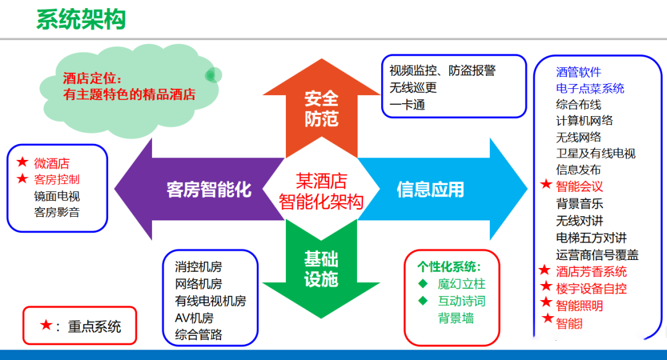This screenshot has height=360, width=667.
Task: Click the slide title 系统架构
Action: [81, 20]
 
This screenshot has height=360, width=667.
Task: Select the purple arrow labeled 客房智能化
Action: [200, 190]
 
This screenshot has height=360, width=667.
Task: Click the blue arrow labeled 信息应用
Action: [442, 190]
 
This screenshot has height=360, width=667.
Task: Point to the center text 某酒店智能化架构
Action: [321, 191]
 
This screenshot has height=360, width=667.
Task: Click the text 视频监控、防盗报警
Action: [442, 70]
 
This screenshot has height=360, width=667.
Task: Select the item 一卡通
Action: [407, 105]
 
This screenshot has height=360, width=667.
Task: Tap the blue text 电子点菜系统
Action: [590, 88]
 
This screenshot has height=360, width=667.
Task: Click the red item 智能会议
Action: [579, 186]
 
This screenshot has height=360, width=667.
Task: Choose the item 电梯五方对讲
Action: [591, 238]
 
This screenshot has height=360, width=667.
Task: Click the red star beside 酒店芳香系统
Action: [545, 270]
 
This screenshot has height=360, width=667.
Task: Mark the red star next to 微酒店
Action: [23, 162]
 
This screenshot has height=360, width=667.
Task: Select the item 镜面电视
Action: [57, 196]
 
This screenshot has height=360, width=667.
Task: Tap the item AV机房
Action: [194, 318]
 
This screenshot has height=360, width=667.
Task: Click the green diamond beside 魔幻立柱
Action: [423, 283]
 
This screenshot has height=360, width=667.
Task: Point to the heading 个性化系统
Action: [449, 267]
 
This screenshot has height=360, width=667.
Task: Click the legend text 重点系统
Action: [94, 327]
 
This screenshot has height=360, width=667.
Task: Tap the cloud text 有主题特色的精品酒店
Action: [129, 94]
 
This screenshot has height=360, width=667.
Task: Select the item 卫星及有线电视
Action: [595, 153]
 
